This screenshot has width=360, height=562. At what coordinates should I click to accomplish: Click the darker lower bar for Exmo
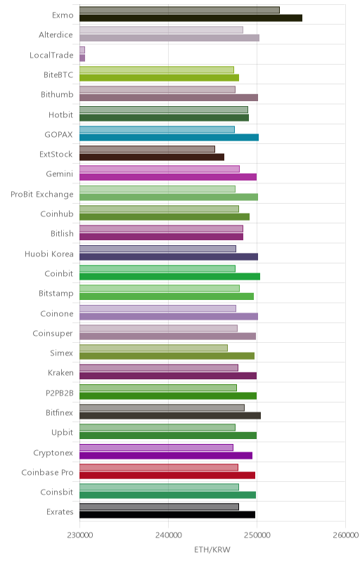point(191,18)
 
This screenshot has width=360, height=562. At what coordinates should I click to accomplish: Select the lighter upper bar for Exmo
point(179,10)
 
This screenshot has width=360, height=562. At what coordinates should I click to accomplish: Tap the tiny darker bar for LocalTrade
point(82,58)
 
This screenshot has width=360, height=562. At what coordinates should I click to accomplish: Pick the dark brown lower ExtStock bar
point(152,157)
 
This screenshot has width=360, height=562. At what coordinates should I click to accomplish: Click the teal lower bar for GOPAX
point(169,137)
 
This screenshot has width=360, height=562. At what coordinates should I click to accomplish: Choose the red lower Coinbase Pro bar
point(167,476)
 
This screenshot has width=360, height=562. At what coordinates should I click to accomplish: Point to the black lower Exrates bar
point(167,515)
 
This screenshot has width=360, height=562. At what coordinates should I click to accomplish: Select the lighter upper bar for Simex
point(153,348)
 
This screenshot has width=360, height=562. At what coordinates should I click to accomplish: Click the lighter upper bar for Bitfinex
point(162,407)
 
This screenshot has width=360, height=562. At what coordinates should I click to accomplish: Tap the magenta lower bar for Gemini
point(168,177)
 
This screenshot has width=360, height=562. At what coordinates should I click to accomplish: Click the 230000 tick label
point(79,535)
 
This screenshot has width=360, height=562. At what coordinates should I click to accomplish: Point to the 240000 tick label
point(168,535)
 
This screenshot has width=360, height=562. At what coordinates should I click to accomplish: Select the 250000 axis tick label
point(257,535)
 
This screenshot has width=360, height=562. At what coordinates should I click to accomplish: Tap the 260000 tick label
point(345,535)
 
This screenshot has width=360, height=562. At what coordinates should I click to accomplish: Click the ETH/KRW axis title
point(212,549)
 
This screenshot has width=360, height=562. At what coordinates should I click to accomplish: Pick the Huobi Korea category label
point(49,254)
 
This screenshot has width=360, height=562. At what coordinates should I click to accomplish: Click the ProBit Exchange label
point(42,195)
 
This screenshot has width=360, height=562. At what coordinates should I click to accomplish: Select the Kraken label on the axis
point(60,373)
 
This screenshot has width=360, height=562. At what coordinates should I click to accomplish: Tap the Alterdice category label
point(56,34)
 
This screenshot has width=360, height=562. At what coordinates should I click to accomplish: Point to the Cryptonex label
point(53,452)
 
